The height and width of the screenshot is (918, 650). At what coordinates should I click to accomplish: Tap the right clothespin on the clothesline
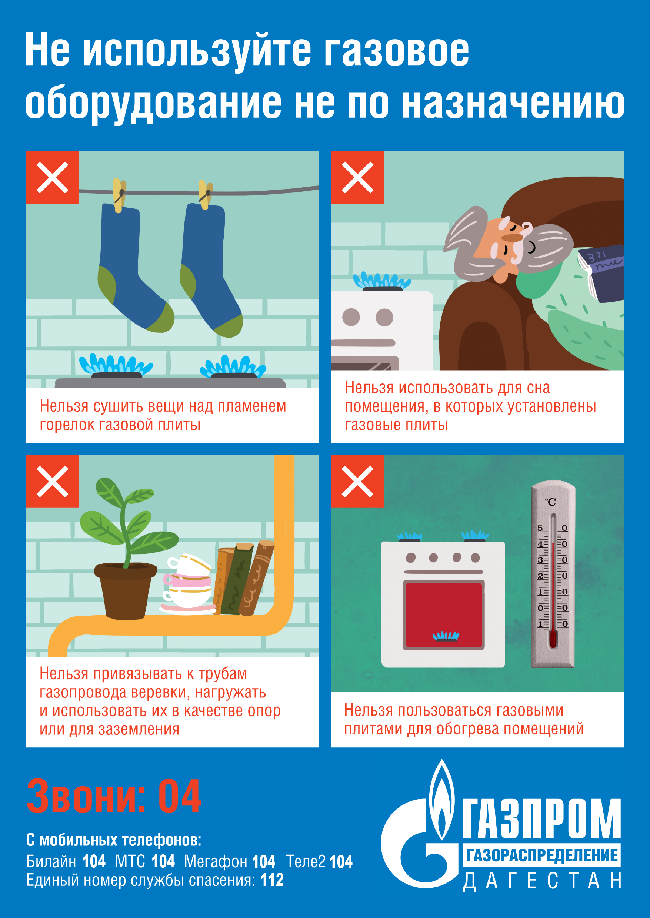point(205,195)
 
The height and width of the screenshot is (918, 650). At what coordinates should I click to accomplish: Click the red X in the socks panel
point(53,177)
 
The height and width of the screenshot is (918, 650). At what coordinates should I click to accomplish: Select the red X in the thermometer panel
point(357,482)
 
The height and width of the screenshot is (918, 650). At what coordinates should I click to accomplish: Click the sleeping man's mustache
point(512,238)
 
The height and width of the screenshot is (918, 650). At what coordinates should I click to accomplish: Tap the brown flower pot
point(125,590)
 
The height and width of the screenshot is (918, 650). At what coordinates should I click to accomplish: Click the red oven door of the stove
point(444,615)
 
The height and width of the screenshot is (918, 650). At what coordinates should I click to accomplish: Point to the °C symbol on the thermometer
point(550,502)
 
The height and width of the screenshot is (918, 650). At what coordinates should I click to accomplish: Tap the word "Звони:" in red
point(86,796)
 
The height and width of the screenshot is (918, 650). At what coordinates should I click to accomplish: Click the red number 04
point(180,796)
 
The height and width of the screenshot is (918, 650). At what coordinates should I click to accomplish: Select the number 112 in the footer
point(272,880)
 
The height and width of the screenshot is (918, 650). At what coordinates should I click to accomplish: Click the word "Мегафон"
point(216,862)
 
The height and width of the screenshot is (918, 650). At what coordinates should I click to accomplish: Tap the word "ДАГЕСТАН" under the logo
point(542,881)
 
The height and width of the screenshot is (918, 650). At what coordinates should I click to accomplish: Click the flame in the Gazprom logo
point(441,800)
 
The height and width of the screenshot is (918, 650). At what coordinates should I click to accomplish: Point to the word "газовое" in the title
point(396,51)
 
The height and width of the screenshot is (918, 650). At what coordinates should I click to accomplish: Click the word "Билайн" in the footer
point(51,862)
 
